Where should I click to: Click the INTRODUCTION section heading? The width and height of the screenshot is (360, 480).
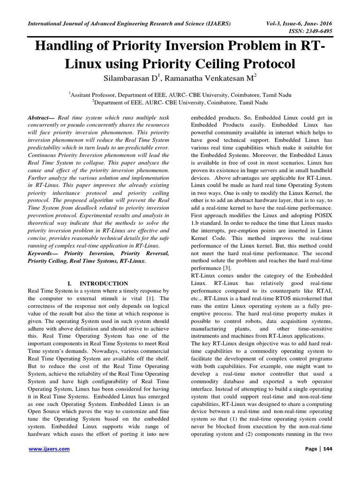[x=104, y=284]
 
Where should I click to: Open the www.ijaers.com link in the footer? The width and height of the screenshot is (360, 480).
[x=49, y=449]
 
